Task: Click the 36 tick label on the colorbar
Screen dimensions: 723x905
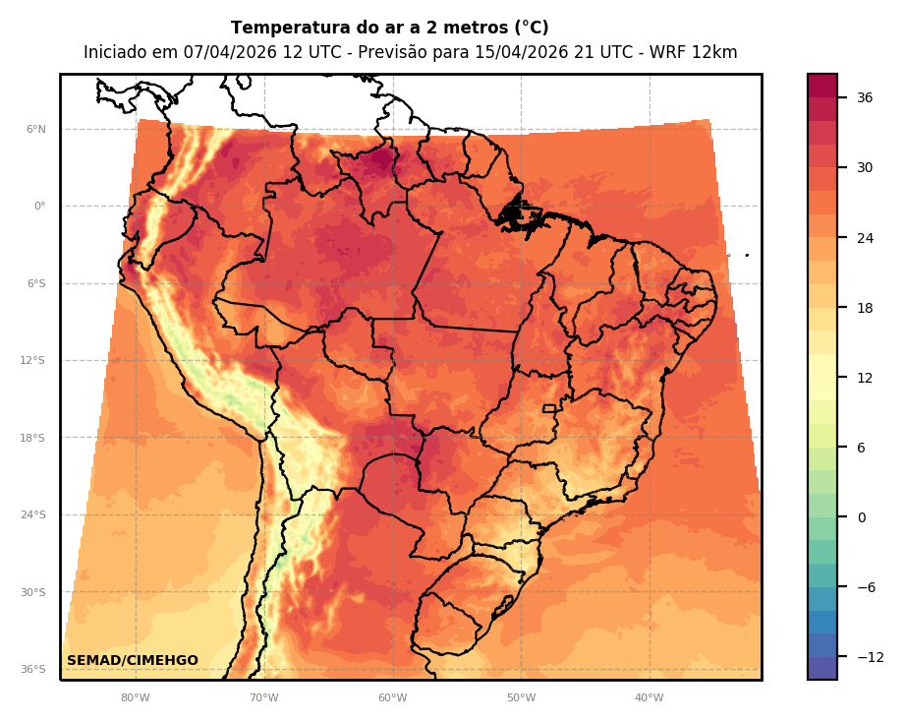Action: click(865, 97)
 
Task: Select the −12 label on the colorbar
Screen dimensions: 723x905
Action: click(869, 657)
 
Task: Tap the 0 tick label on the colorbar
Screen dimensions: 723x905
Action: click(861, 517)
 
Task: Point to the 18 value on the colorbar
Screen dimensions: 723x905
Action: click(865, 308)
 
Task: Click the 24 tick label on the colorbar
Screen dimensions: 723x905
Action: click(865, 238)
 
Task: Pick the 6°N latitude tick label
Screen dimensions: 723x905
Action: click(35, 129)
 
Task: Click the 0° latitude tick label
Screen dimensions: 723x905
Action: click(39, 207)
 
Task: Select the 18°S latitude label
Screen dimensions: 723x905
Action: click(32, 438)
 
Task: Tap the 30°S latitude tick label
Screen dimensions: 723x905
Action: click(32, 592)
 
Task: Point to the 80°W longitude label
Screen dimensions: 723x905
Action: click(135, 698)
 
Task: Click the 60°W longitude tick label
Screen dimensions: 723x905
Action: click(392, 698)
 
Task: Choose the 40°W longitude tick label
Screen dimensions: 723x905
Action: click(649, 698)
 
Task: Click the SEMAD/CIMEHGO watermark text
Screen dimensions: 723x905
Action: click(133, 661)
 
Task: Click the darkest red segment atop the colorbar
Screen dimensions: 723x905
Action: click(822, 86)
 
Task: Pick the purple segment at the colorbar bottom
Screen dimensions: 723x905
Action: click(822, 668)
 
